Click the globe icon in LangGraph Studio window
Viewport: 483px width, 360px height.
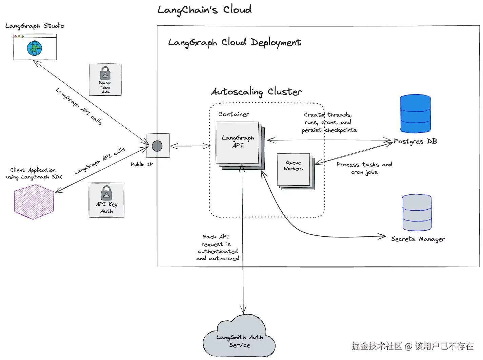(35, 48)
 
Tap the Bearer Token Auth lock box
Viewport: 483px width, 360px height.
(105, 80)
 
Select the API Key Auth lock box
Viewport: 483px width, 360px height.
(106, 200)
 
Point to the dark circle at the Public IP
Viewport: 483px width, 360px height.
(157, 146)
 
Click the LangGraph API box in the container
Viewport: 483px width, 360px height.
(238, 143)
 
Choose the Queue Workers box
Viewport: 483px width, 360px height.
(294, 169)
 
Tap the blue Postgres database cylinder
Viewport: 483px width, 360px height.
(415, 114)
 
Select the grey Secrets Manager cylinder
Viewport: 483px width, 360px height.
(417, 213)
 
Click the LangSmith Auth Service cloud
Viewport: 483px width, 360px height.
(239, 338)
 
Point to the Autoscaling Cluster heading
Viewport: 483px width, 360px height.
(256, 92)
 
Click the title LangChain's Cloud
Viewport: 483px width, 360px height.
(204, 10)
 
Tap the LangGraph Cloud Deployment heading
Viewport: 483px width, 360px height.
(234, 43)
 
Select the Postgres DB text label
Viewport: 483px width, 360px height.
(415, 142)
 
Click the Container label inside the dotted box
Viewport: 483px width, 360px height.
(234, 114)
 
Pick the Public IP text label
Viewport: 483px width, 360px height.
(142, 164)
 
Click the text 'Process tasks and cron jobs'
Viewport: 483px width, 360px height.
(364, 168)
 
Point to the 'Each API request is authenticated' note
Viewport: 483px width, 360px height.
(217, 248)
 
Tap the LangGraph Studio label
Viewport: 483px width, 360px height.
(35, 26)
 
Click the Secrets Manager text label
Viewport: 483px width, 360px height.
(418, 239)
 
